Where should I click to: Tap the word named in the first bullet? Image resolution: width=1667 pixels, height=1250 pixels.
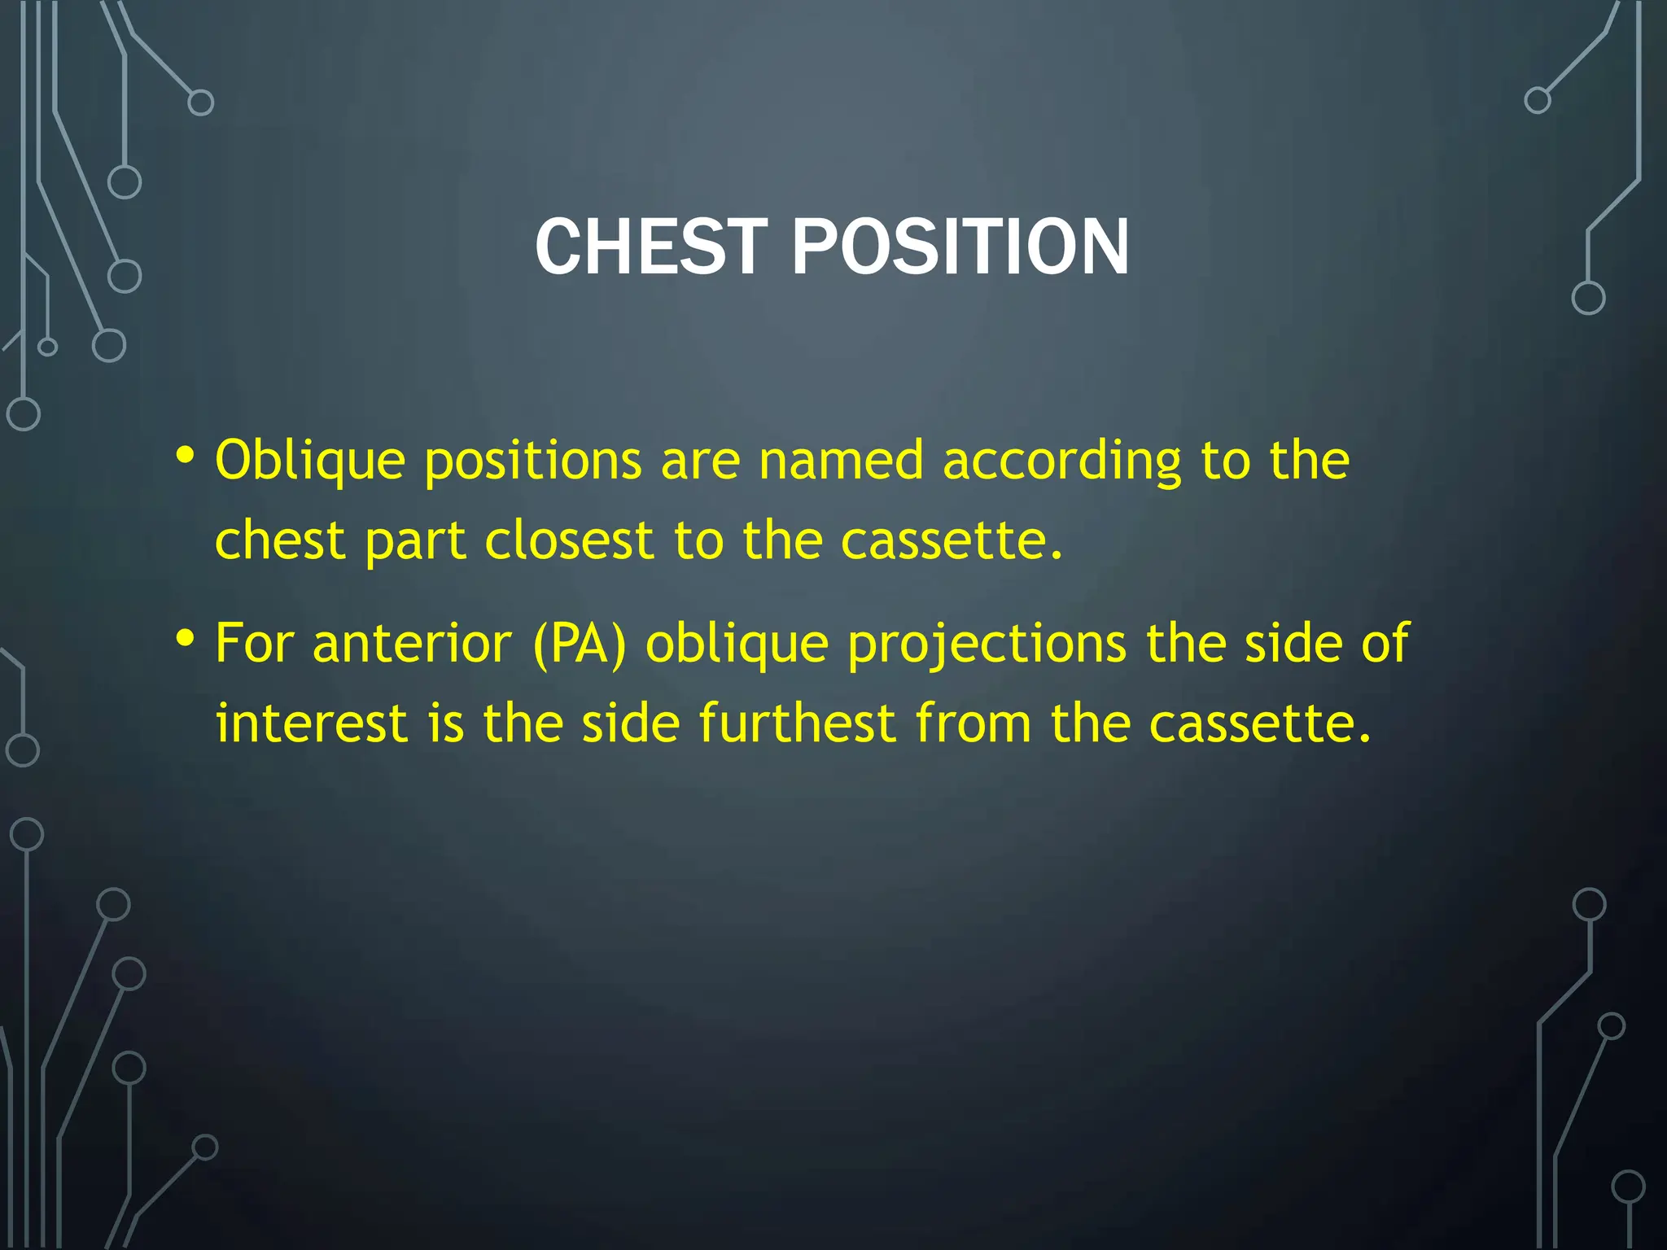click(x=841, y=461)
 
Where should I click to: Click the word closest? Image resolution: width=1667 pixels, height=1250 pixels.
click(x=569, y=540)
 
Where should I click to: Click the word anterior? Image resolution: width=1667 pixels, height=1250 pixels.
click(x=412, y=643)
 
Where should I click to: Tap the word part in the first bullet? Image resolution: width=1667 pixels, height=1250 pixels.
click(x=415, y=542)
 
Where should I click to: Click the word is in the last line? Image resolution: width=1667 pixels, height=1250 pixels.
click(x=445, y=723)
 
